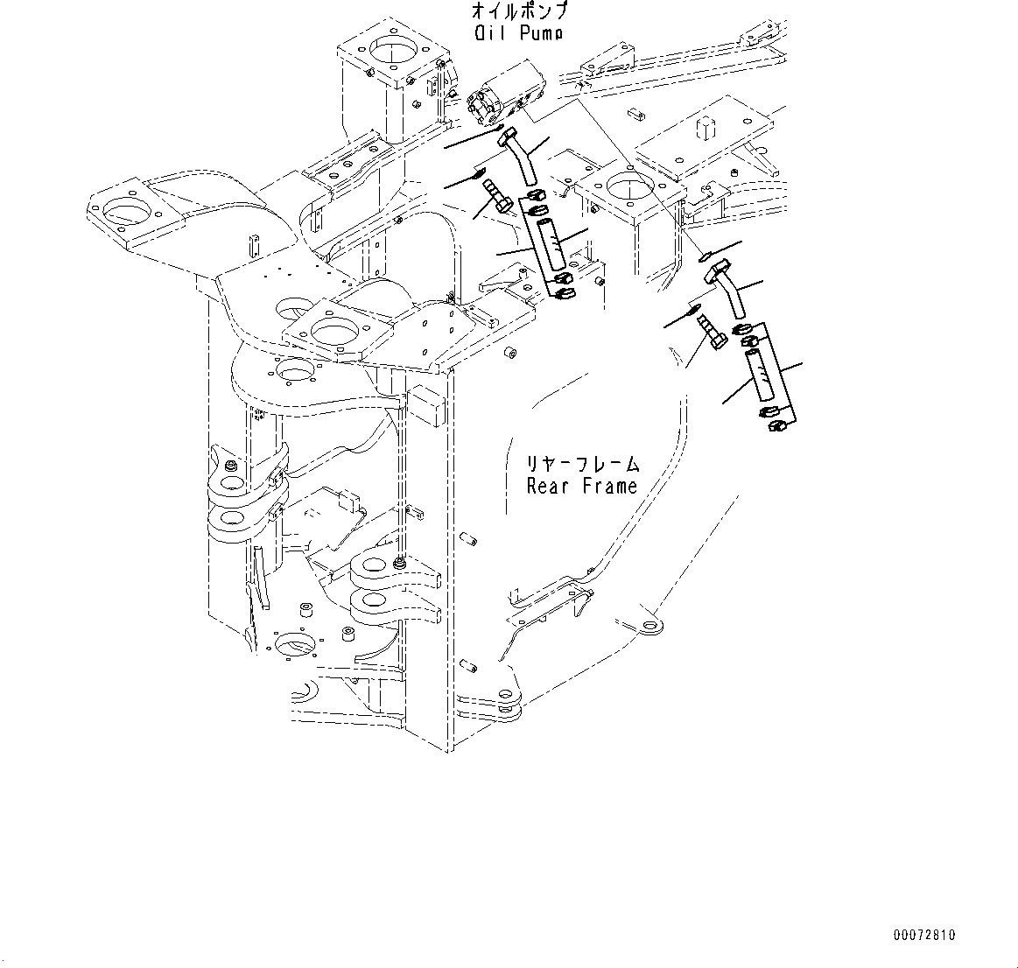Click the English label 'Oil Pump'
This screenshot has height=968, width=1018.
(517, 33)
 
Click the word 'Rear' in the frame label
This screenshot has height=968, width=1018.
(548, 486)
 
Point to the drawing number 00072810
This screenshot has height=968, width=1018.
(925, 935)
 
